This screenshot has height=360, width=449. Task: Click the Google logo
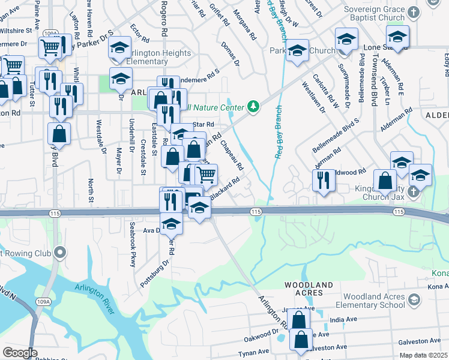point(20,353)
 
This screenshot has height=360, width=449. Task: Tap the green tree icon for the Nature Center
point(254,107)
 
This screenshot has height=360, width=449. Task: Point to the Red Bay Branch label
point(278,132)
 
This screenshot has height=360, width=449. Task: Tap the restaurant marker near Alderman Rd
point(324,180)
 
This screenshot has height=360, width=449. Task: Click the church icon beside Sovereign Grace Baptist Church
point(413,12)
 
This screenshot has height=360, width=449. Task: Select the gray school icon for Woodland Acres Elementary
point(412,299)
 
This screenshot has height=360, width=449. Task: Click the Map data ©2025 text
point(423,355)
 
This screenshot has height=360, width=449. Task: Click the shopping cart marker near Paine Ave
point(50,47)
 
